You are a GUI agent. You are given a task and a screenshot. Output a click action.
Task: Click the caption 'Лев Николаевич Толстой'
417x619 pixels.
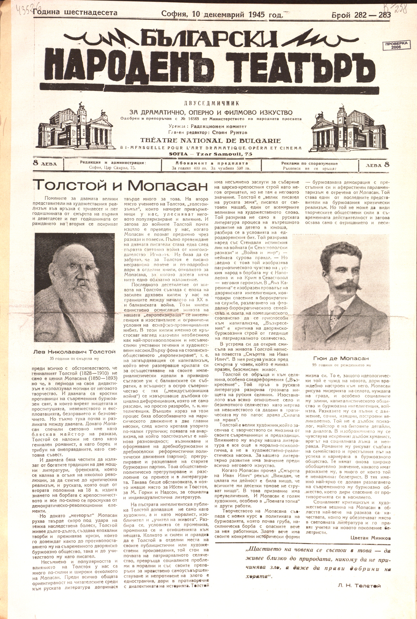(74, 352)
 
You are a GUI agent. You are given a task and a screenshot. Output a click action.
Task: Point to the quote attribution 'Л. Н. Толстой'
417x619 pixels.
(359, 585)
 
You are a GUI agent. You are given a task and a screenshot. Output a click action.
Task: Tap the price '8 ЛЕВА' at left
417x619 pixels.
(48, 164)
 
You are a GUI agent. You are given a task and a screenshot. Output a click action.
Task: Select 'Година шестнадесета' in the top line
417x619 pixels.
(75, 13)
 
